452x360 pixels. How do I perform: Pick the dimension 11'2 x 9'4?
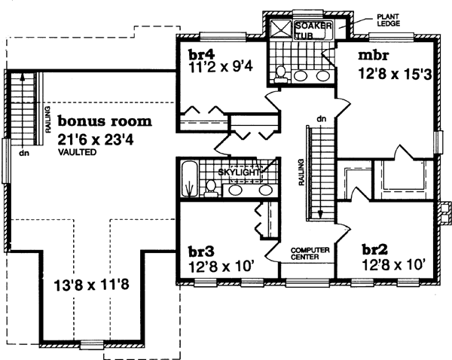pos(221,68)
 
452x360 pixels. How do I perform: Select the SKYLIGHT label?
pos(240,172)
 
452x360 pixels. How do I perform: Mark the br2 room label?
pos(374,249)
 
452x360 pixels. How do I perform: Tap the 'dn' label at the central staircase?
pos(319,118)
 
